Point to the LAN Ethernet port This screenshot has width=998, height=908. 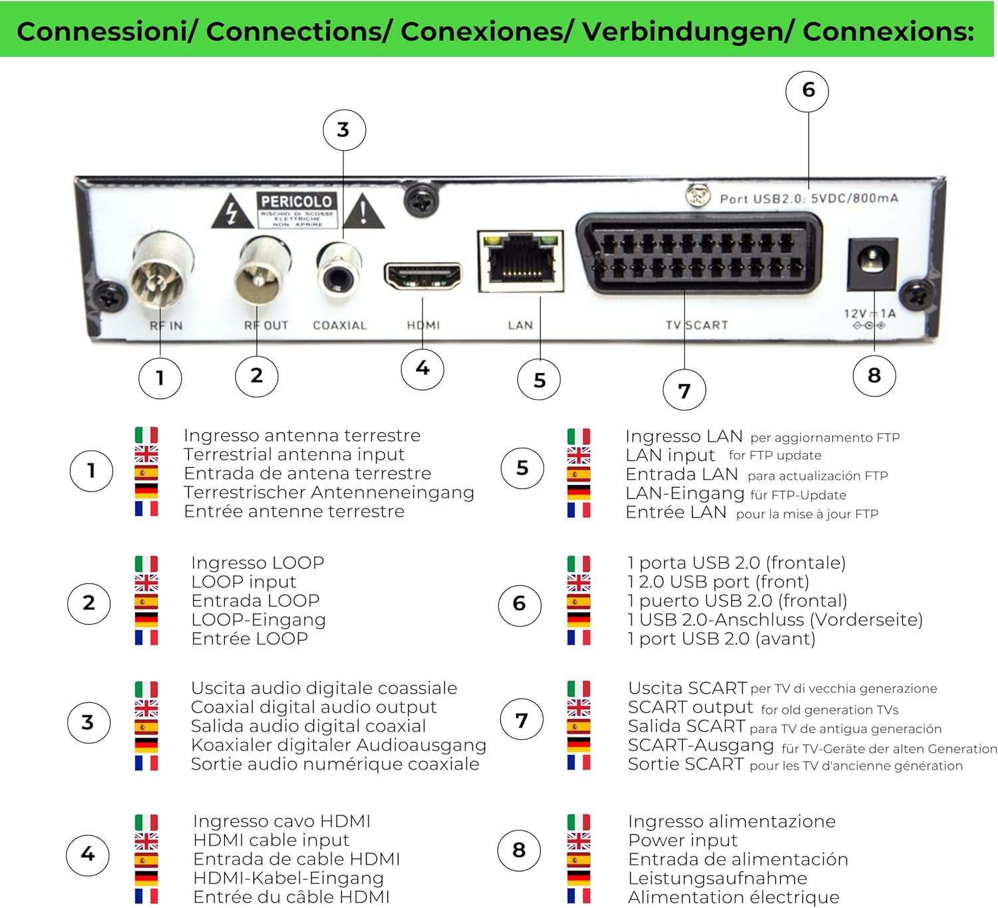click(x=520, y=262)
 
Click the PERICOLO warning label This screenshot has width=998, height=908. click(x=297, y=210)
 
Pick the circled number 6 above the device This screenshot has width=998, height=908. click(x=807, y=90)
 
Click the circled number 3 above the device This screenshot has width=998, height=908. click(x=343, y=130)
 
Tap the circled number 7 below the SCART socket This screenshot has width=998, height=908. click(x=684, y=390)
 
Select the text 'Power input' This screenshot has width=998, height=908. click(x=683, y=840)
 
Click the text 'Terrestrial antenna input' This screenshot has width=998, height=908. click(x=294, y=454)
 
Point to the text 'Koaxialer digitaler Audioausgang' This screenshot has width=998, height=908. click(x=338, y=745)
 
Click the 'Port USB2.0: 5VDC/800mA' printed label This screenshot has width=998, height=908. click(x=808, y=198)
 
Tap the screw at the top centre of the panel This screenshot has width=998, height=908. click(x=421, y=199)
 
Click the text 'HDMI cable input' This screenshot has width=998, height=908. click(x=271, y=840)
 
